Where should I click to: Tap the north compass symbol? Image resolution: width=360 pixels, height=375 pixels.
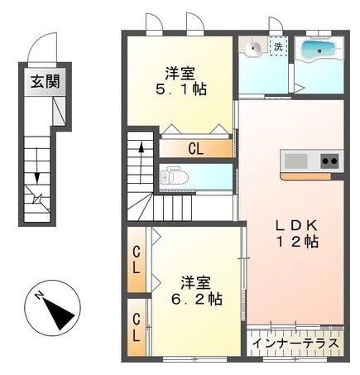tap(55, 309)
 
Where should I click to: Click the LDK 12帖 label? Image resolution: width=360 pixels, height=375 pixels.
tap(295, 234)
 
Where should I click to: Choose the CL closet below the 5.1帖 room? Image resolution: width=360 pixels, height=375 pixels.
tap(195, 149)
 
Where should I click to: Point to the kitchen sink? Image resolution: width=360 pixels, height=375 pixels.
tap(295, 160)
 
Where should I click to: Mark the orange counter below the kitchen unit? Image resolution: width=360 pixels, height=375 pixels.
tap(310, 176)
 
